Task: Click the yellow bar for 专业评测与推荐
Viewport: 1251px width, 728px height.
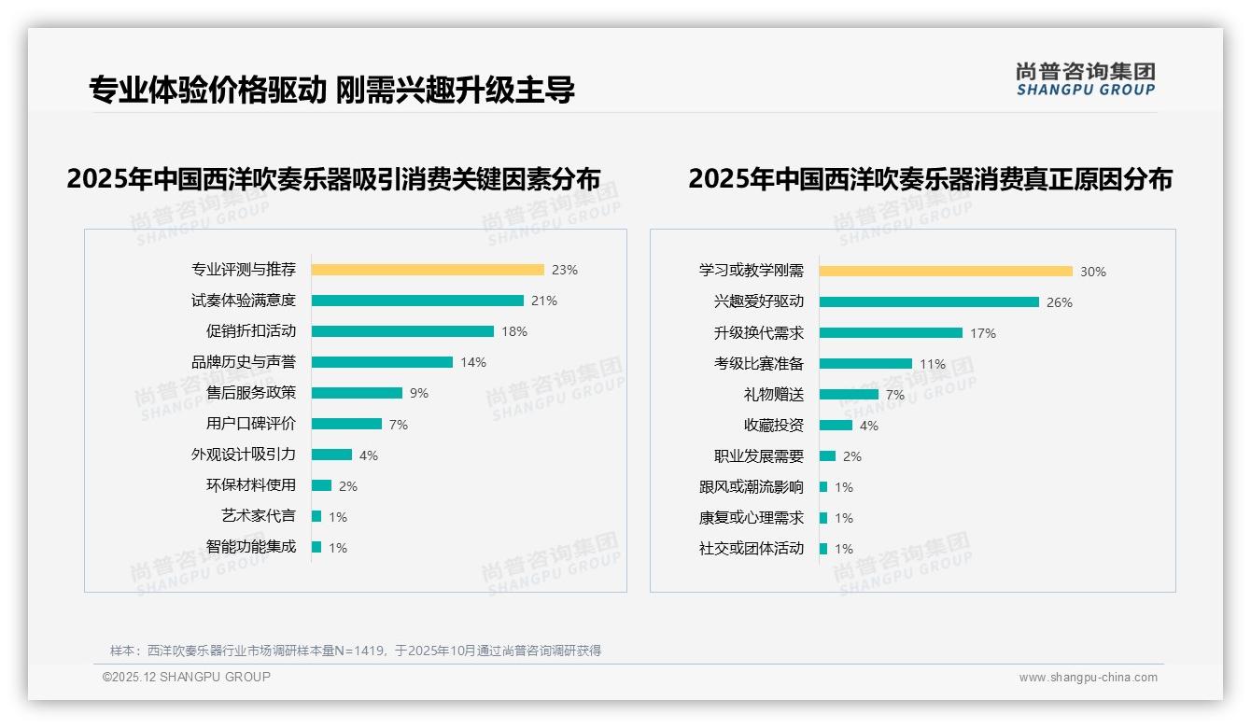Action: pos(428,270)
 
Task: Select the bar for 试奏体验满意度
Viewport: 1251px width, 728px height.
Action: pos(417,301)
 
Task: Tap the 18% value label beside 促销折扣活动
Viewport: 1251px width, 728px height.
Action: pos(514,331)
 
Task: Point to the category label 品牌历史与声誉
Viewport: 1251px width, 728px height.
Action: pos(243,362)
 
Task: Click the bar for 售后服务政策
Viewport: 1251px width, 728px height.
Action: pos(357,393)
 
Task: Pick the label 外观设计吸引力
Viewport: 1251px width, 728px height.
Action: pos(243,455)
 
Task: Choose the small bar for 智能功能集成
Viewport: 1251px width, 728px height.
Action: pos(316,547)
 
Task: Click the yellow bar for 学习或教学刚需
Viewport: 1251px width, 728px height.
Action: pos(946,272)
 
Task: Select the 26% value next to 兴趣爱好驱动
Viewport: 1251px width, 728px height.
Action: pos(1060,302)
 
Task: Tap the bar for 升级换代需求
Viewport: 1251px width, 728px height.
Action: pos(891,332)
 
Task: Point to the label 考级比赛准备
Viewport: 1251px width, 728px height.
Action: pos(758,363)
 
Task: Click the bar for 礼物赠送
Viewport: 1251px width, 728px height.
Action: pos(849,394)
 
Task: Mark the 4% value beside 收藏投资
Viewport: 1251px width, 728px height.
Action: pos(868,426)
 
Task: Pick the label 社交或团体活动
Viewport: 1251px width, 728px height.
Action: pos(751,548)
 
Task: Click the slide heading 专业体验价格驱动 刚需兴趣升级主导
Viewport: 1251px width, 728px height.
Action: pos(331,90)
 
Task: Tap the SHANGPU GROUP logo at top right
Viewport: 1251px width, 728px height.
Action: pos(1085,79)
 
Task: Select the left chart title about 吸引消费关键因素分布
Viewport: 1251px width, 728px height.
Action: pos(333,178)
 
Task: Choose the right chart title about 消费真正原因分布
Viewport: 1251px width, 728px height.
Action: pos(930,178)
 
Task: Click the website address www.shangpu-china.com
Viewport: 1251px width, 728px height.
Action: pos(1088,678)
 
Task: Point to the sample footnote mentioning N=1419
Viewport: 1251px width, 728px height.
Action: pos(355,651)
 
